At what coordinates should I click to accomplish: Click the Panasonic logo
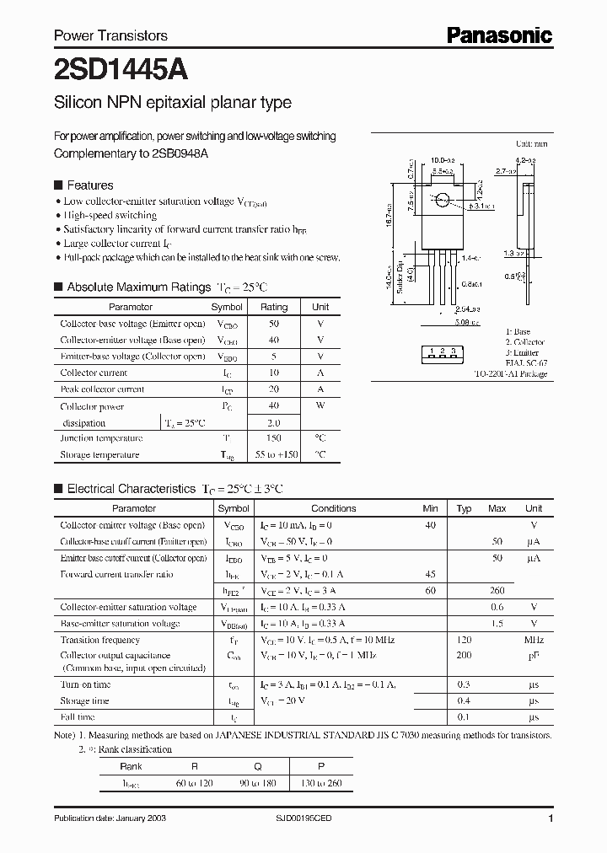[499, 35]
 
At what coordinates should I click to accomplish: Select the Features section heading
[89, 185]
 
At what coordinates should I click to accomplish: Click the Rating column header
[274, 308]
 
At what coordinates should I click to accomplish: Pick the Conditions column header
[334, 508]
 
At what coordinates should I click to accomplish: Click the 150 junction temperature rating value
[274, 438]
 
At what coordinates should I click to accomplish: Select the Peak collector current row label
[102, 389]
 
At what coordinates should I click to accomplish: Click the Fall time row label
[78, 717]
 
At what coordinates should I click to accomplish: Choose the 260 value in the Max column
[497, 591]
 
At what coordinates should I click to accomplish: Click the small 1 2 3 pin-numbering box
[442, 351]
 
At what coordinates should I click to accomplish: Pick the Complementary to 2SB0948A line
[131, 153]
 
